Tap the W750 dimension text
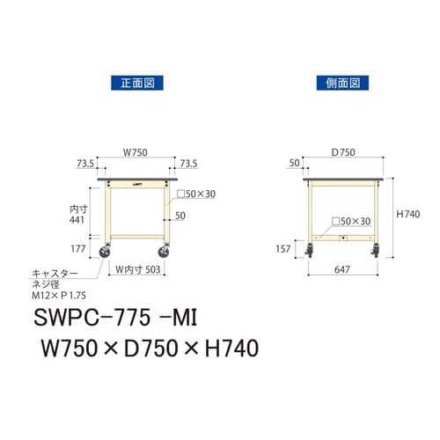click(x=135, y=152)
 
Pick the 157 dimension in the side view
click(x=282, y=249)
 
